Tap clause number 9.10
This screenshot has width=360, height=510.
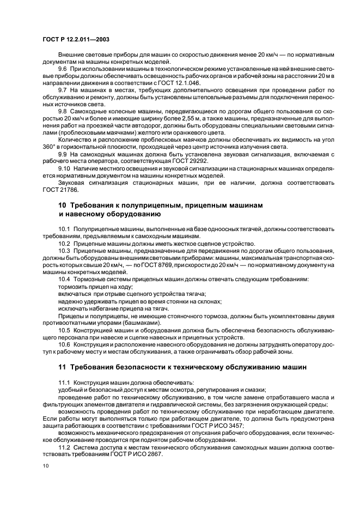tap(65, 168)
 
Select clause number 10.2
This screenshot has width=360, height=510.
tap(65, 243)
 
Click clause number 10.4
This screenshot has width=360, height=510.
tap(65, 279)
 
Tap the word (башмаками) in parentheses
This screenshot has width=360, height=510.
tap(132, 321)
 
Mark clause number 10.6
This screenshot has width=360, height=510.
tap(65, 345)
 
